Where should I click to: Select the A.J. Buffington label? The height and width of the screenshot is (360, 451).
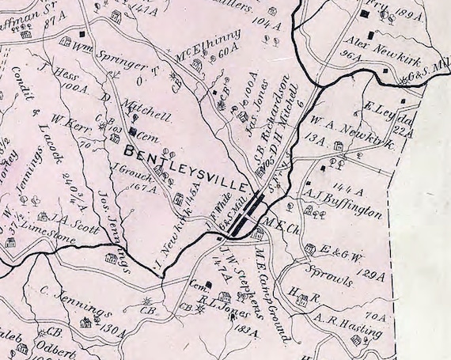pyautogui.click(x=343, y=204)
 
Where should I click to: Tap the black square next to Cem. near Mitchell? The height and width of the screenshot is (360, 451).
pyautogui.click(x=133, y=134)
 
